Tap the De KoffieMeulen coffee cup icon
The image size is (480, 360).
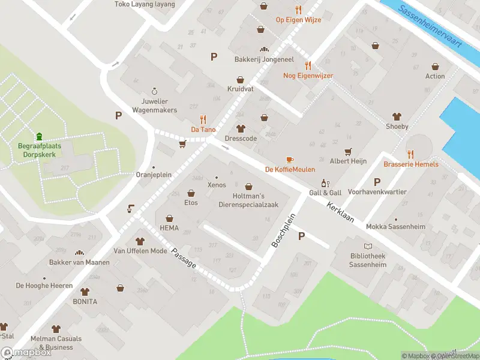(290, 160)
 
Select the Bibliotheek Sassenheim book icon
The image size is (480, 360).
(368, 246)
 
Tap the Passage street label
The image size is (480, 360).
(184, 265)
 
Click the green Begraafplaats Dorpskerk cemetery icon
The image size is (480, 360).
(39, 136)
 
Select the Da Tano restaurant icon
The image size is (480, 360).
(203, 119)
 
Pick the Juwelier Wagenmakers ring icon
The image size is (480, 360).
(154, 91)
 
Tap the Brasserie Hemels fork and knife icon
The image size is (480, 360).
(411, 154)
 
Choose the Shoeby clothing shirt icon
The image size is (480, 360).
(397, 116)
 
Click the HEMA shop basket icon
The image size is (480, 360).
(169, 218)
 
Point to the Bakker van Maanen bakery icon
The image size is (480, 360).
(79, 253)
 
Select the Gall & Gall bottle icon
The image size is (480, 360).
(325, 183)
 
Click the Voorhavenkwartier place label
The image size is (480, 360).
(377, 192)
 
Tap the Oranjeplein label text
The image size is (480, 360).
(153, 175)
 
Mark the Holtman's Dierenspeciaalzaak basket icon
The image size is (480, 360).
(248, 187)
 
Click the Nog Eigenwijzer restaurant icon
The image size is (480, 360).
(308, 65)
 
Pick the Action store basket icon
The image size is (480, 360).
(435, 67)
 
